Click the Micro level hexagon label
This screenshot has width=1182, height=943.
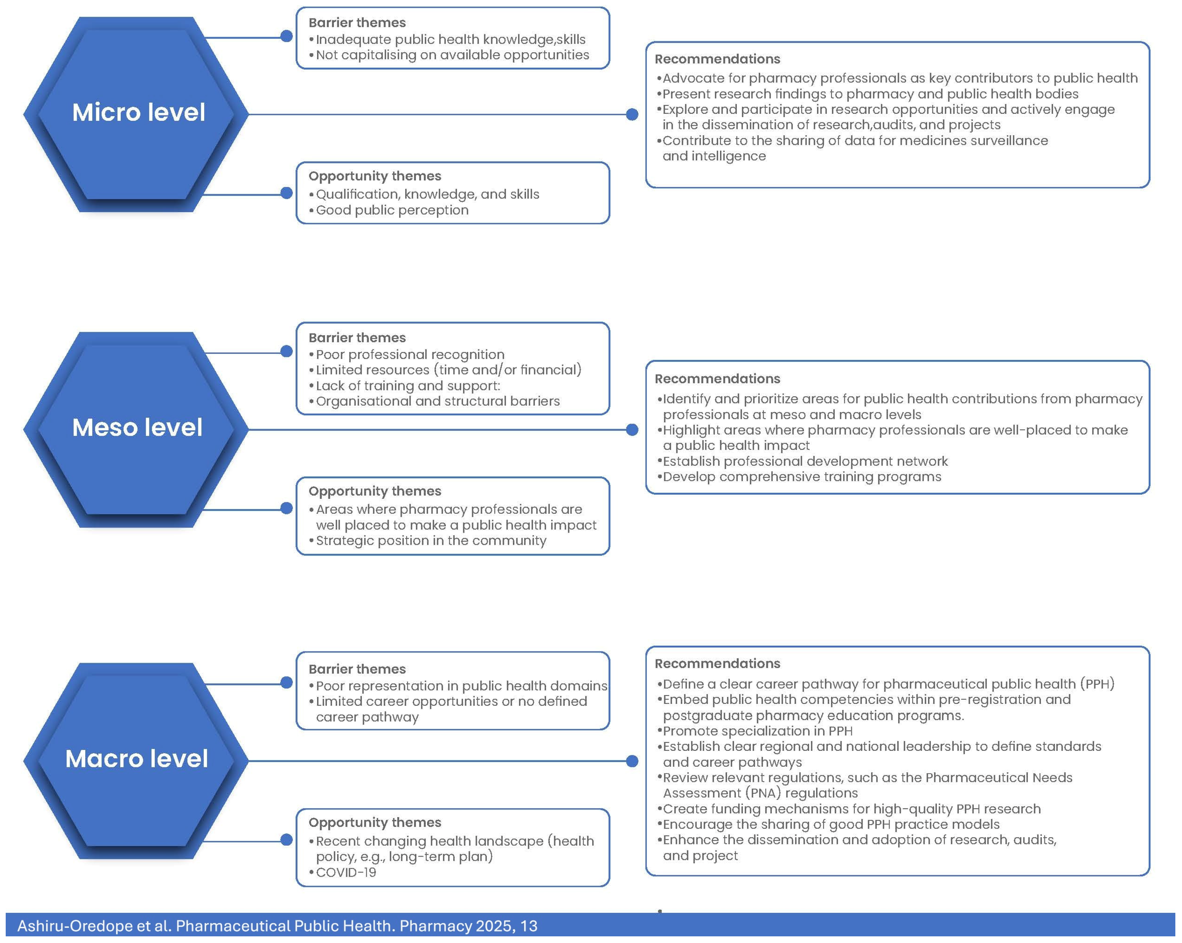pyautogui.click(x=139, y=112)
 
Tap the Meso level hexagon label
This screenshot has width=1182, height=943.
pyautogui.click(x=137, y=428)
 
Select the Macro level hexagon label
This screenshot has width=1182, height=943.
pyautogui.click(x=137, y=759)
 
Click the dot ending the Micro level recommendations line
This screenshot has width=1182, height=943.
pyautogui.click(x=632, y=114)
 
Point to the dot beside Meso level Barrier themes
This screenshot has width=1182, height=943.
pyautogui.click(x=286, y=351)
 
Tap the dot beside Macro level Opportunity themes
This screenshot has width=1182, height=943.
pyautogui.click(x=286, y=839)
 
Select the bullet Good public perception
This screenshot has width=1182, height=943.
pyautogui.click(x=392, y=210)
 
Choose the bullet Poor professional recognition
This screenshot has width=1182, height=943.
pyautogui.click(x=410, y=355)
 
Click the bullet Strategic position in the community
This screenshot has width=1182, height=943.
pyautogui.click(x=431, y=541)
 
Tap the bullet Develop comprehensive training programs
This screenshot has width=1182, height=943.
pyautogui.click(x=802, y=477)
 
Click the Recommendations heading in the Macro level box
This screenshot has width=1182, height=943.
pyautogui.click(x=717, y=663)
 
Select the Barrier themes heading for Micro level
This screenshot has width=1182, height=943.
pyautogui.click(x=357, y=23)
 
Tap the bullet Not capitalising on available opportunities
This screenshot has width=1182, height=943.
pyautogui.click(x=452, y=55)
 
